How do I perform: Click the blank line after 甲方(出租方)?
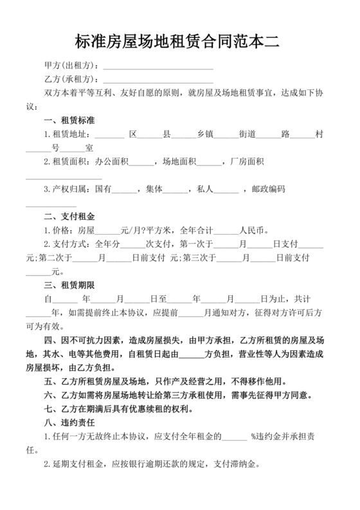158,66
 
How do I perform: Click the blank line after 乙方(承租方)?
158,79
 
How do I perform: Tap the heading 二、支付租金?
69,216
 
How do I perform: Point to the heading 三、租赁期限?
69,285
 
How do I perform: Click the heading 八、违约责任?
69,423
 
